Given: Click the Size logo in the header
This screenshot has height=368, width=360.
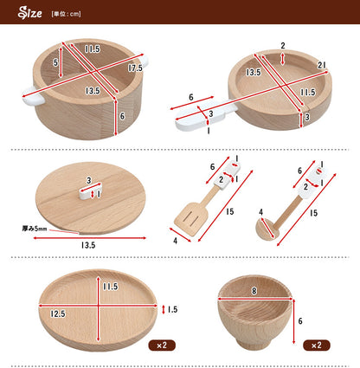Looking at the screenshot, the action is pyautogui.click(x=29, y=13).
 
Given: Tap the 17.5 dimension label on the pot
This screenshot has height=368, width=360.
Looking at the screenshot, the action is pyautogui.click(x=135, y=68).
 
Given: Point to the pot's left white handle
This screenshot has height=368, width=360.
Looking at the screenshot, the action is pyautogui.click(x=34, y=96).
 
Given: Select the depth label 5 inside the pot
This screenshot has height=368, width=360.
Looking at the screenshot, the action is pyautogui.click(x=55, y=62).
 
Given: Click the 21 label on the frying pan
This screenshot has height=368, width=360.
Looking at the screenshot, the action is pyautogui.click(x=322, y=66).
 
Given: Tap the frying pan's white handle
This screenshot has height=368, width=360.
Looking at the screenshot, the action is pyautogui.click(x=205, y=117).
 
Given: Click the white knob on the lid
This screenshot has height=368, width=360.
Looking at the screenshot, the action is pyautogui.click(x=90, y=190).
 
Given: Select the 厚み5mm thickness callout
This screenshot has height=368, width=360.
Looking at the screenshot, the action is pyautogui.click(x=35, y=229).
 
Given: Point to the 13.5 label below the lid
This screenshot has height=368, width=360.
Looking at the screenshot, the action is pyautogui.click(x=88, y=245).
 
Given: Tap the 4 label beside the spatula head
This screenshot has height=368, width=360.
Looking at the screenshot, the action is pyautogui.click(x=175, y=241).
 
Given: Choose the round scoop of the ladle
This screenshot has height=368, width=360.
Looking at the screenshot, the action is pyautogui.click(x=267, y=229).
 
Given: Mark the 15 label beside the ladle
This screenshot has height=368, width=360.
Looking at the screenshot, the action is pyautogui.click(x=313, y=213).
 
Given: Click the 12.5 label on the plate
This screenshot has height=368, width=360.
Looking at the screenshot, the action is pyautogui.click(x=58, y=313).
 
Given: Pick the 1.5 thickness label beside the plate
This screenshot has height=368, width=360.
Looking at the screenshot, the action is pyautogui.click(x=172, y=309).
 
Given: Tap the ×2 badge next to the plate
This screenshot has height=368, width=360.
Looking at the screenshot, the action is pyautogui.click(x=162, y=345).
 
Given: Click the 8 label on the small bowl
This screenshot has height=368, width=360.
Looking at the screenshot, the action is pyautogui.click(x=254, y=291).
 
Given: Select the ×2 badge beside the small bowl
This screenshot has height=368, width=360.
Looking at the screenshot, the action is pyautogui.click(x=317, y=345).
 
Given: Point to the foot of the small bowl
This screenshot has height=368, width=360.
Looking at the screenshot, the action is pyautogui.click(x=254, y=344).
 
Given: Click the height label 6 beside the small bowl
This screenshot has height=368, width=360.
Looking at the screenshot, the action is pyautogui.click(x=300, y=321).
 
